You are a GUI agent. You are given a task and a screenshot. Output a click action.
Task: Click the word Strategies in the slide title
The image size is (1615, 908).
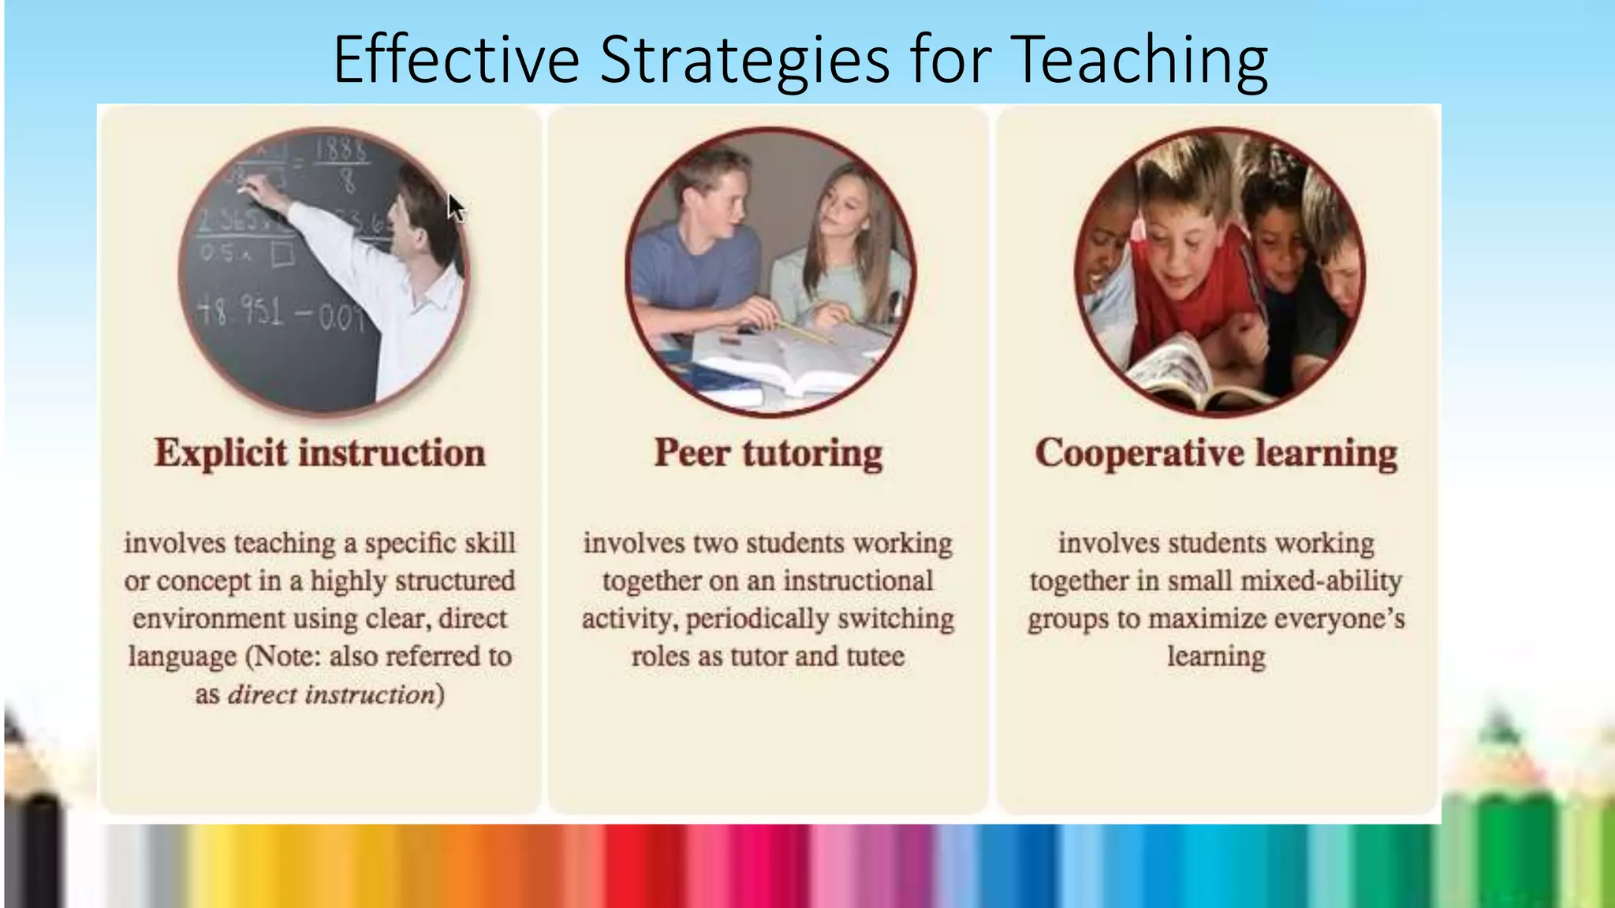[744, 60]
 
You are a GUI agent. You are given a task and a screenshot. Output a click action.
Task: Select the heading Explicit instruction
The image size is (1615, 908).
[319, 453]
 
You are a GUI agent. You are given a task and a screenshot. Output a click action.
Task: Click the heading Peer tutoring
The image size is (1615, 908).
[768, 453]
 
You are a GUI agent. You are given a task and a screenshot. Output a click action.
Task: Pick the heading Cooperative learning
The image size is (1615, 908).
[1216, 453]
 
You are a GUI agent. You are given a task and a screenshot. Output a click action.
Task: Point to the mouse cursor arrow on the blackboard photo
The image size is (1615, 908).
[455, 207]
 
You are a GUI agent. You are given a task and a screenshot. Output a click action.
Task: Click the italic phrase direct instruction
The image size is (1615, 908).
[331, 694]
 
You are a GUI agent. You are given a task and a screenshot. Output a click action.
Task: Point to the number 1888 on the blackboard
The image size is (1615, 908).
[341, 150]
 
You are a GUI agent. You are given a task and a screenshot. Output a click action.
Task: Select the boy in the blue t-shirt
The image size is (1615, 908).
[694, 244]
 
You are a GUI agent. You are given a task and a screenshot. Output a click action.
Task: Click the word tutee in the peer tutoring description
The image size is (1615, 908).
[875, 657]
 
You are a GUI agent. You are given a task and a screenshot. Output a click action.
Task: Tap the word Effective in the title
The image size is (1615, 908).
[456, 60]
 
